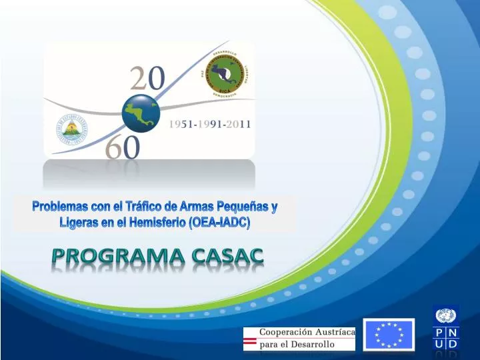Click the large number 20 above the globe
(x=147, y=79)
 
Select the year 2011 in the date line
(x=236, y=125)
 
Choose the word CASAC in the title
(x=228, y=256)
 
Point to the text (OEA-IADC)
(x=221, y=223)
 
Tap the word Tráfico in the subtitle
(x=144, y=207)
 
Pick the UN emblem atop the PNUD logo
(x=445, y=315)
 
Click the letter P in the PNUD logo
(x=439, y=331)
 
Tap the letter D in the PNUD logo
(x=452, y=345)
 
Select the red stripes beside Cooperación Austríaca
(x=250, y=341)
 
